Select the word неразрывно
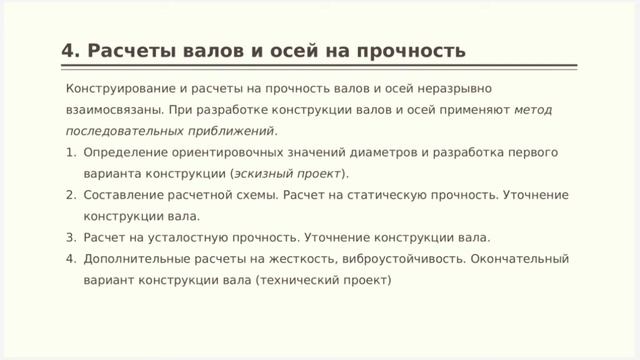(456, 88)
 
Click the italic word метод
(533, 109)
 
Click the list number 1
(70, 152)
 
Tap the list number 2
(70, 195)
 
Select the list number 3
(70, 238)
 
